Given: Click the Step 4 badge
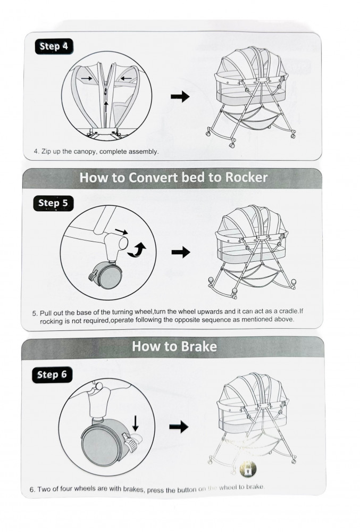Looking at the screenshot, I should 54,46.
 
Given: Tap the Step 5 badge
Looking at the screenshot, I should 53,203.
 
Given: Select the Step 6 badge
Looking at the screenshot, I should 52,375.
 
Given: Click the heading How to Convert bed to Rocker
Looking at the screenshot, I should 173,178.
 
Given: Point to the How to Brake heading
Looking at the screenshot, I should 174,347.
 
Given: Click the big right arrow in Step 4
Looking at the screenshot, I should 180,96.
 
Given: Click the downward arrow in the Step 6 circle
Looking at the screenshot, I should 136,423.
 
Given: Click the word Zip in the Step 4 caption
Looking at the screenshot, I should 45,152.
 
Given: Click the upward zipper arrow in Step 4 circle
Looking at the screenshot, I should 106,106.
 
